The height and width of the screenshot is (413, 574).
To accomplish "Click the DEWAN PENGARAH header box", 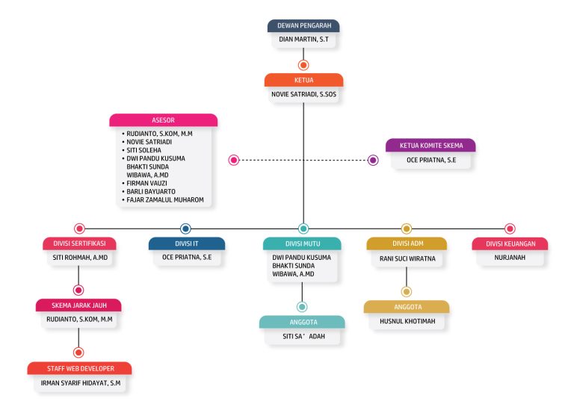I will [x=303, y=25].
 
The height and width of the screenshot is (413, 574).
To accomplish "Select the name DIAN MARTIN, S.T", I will [x=303, y=40].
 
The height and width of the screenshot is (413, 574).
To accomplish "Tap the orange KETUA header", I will [x=303, y=80].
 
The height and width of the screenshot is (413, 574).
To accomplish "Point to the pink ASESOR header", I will [x=163, y=119].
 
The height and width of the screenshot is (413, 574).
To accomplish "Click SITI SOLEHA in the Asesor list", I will [x=146, y=149].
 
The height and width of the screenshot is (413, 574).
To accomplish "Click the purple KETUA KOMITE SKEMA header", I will [x=430, y=145].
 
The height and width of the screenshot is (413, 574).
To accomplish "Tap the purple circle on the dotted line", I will [x=373, y=160].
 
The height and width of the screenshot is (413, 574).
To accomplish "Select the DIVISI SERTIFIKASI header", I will [x=79, y=243].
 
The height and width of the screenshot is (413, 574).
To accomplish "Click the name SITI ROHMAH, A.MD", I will [x=79, y=258].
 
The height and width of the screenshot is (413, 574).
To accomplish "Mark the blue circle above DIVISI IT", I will [x=185, y=229].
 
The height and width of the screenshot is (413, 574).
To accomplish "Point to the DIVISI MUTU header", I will [x=302, y=243].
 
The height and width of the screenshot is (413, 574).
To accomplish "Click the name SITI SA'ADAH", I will [x=302, y=337].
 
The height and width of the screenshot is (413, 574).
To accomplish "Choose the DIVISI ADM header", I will [x=407, y=243].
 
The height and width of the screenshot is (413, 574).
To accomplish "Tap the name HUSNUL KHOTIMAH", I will [x=407, y=321].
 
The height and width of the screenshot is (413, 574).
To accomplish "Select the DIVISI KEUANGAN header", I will [x=510, y=243].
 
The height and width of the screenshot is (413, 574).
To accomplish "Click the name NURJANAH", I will [x=510, y=258].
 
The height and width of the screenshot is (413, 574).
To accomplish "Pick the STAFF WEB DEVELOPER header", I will [x=79, y=368].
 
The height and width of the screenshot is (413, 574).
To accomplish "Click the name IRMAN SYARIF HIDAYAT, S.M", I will [x=81, y=382].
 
